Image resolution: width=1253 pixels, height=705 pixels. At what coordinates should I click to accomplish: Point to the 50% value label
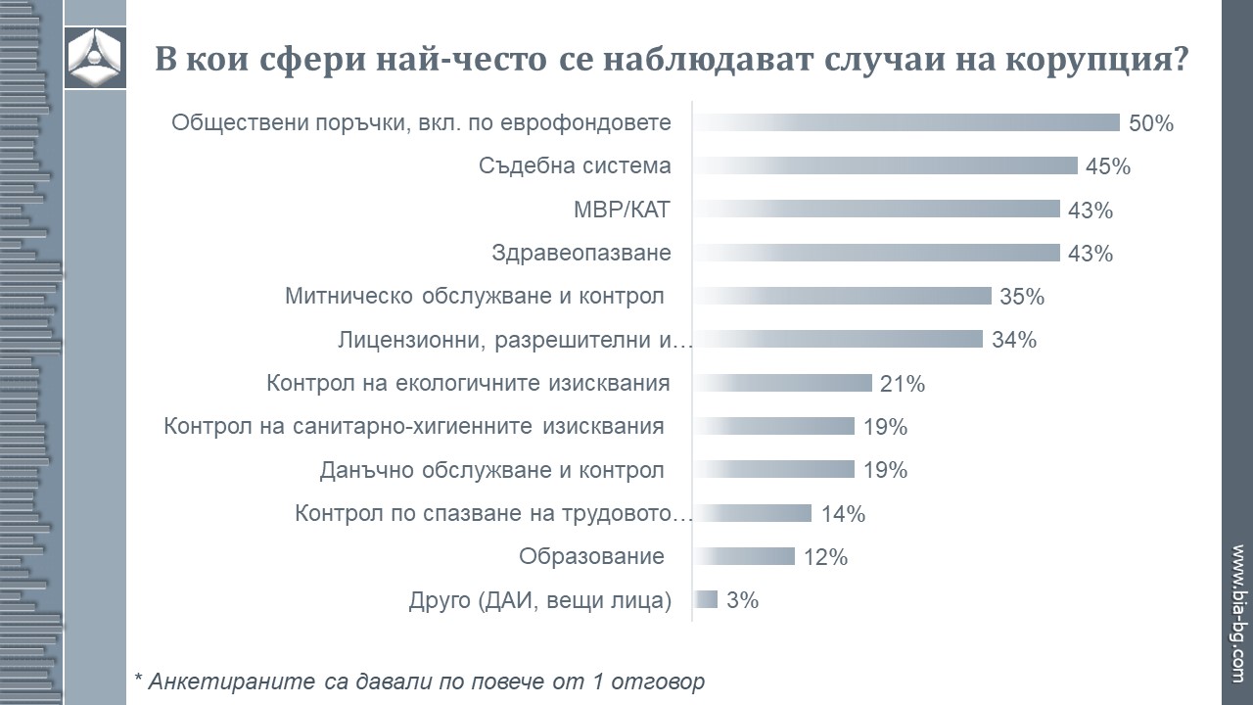pyautogui.click(x=1150, y=123)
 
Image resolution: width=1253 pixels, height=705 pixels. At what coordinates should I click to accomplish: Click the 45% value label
pyautogui.click(x=1108, y=166)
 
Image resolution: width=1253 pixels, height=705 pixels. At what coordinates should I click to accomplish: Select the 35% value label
pyautogui.click(x=1022, y=297)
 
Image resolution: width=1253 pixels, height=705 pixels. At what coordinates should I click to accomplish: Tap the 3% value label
pyautogui.click(x=743, y=600)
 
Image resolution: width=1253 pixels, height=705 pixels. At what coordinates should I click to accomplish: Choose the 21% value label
pyautogui.click(x=903, y=384)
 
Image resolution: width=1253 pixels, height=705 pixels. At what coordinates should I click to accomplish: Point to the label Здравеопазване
pyautogui.click(x=581, y=253)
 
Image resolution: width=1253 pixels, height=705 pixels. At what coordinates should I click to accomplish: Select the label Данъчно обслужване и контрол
pyautogui.click(x=492, y=470)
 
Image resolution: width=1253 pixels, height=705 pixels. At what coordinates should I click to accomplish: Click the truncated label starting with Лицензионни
pyautogui.click(x=515, y=340)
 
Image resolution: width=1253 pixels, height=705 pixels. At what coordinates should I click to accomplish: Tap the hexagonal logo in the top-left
pyautogui.click(x=95, y=58)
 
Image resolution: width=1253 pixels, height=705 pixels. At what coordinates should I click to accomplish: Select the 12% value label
pyautogui.click(x=825, y=557)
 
